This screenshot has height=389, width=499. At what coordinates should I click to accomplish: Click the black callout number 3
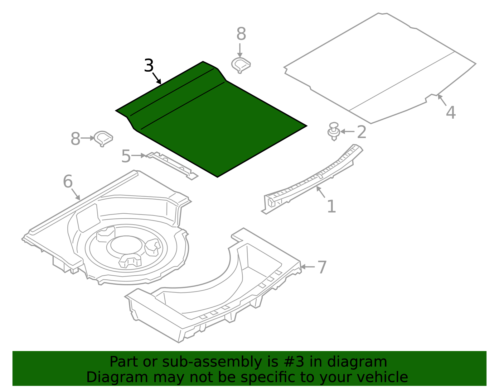[149, 66]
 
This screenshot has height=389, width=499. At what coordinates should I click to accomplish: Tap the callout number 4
[451, 112]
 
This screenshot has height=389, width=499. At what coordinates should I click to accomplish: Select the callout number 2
[361, 132]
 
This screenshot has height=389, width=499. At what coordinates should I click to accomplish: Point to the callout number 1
[331, 206]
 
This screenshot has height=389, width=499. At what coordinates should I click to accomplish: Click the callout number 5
[126, 156]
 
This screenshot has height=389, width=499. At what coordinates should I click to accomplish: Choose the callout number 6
[68, 182]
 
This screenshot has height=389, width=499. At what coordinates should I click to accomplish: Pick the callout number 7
[322, 267]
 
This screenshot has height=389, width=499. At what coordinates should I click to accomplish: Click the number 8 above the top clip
[241, 34]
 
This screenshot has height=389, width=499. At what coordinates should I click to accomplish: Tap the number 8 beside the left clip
[75, 139]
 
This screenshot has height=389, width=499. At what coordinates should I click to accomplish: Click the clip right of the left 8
[103, 138]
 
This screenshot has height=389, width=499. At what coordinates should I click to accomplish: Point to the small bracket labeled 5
[173, 165]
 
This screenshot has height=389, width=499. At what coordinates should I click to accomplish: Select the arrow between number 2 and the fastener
[347, 132]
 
